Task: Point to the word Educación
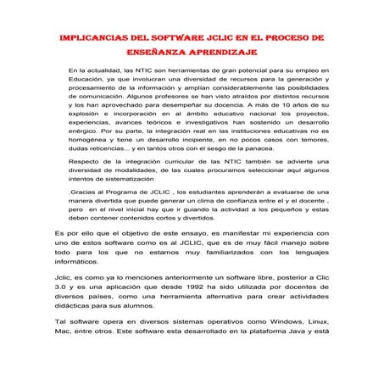(88, 78)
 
